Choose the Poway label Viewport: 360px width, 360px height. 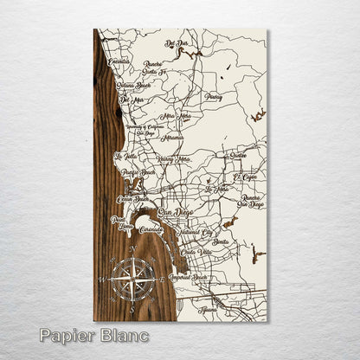coord(213,98)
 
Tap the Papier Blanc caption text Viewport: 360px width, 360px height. coord(93,335)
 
